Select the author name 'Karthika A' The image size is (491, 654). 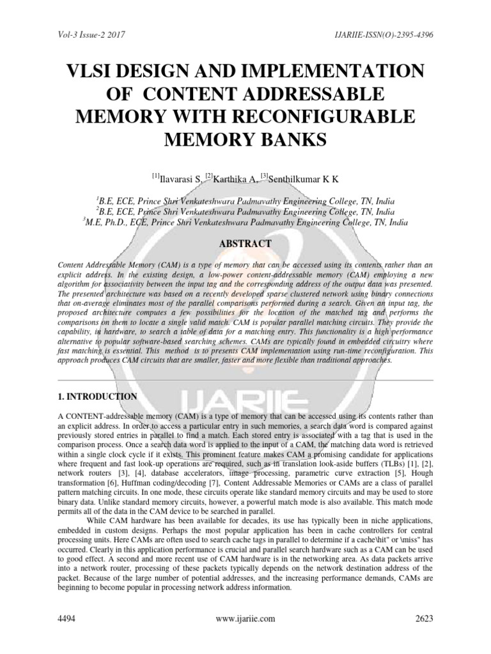click(x=237, y=178)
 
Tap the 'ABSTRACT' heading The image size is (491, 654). click(x=245, y=244)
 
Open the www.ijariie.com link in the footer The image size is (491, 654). click(x=245, y=618)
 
